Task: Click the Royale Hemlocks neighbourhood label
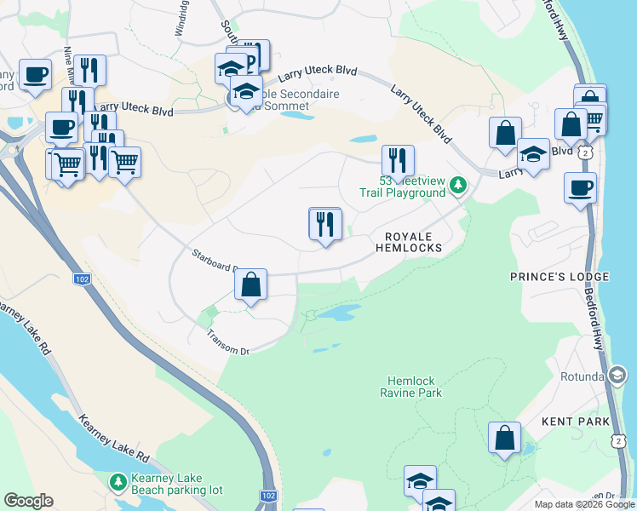[x=409, y=242]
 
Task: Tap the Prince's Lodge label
[x=559, y=277]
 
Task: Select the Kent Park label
[x=576, y=422]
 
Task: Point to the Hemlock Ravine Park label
[x=413, y=388]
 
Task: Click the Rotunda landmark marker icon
[x=617, y=375]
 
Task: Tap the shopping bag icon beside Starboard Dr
[x=251, y=285]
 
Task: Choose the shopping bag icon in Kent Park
[x=505, y=438]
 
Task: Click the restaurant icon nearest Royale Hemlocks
[x=324, y=224]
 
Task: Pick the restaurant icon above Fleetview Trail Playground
[x=398, y=160]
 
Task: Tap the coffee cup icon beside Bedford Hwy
[x=580, y=187]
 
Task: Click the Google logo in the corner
[x=28, y=501]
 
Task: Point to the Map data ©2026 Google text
[x=583, y=504]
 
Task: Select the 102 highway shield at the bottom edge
[x=267, y=496]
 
